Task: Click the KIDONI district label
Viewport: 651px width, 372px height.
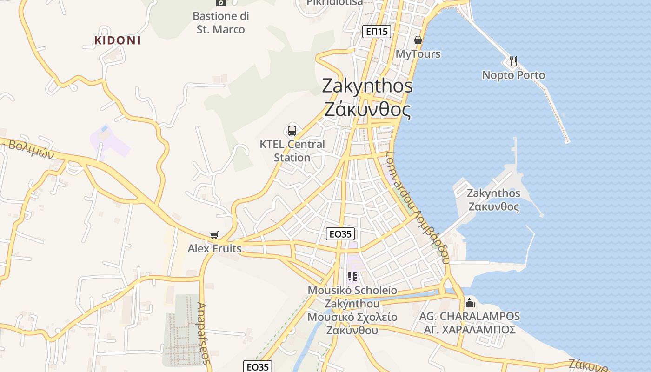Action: point(117,40)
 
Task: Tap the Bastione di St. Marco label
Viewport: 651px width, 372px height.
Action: point(220,23)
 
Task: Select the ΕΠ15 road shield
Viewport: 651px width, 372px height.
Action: point(377,32)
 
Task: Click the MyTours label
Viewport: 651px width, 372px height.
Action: point(418,54)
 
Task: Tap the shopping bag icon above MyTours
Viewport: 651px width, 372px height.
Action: point(418,40)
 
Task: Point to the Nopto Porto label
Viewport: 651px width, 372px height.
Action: point(513,75)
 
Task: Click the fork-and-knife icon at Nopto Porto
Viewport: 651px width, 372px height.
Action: point(513,61)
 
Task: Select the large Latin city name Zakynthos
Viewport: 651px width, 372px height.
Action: point(367,86)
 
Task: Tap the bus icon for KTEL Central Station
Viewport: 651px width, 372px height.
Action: point(292,131)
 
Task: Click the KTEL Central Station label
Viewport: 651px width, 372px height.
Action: point(292,151)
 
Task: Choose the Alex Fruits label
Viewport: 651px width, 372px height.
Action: point(214,249)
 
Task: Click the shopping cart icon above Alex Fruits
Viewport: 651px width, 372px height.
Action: point(214,235)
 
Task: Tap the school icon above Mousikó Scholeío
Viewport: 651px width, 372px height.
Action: point(352,277)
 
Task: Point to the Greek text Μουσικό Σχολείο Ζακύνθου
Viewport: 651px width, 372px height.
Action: point(352,324)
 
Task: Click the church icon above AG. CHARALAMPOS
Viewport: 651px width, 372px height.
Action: point(470,303)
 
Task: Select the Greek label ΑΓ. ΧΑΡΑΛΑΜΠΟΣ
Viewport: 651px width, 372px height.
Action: point(470,330)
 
